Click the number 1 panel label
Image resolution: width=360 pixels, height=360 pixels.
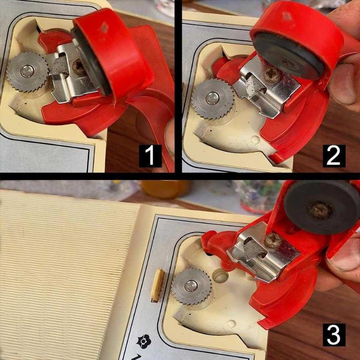(x=150, y=156)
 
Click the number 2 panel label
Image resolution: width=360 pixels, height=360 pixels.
(x=334, y=156)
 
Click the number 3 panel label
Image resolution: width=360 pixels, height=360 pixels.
(x=334, y=335)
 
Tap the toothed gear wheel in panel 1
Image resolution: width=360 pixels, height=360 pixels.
(x=27, y=72)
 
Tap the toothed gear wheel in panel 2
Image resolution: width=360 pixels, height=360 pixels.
(x=213, y=99)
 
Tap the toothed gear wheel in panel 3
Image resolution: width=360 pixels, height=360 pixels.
(x=191, y=286)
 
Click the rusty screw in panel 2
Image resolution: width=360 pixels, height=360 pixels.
(x=273, y=75)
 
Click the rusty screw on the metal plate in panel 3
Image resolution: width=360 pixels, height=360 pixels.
(x=273, y=241)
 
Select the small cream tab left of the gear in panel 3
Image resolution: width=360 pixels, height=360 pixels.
(x=157, y=285)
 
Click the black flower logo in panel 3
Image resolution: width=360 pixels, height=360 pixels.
(x=144, y=342)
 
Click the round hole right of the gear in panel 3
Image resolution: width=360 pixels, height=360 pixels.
(x=220, y=276)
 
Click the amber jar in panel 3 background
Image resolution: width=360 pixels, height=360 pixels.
(x=166, y=189)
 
